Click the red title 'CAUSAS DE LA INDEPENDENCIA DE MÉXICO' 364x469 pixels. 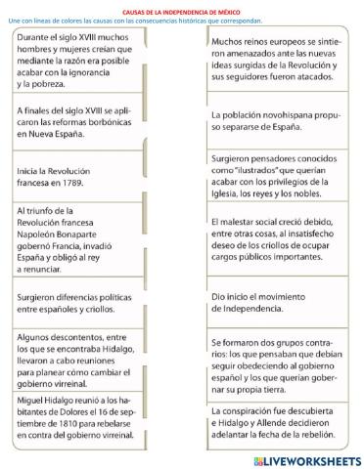click(x=182, y=5)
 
